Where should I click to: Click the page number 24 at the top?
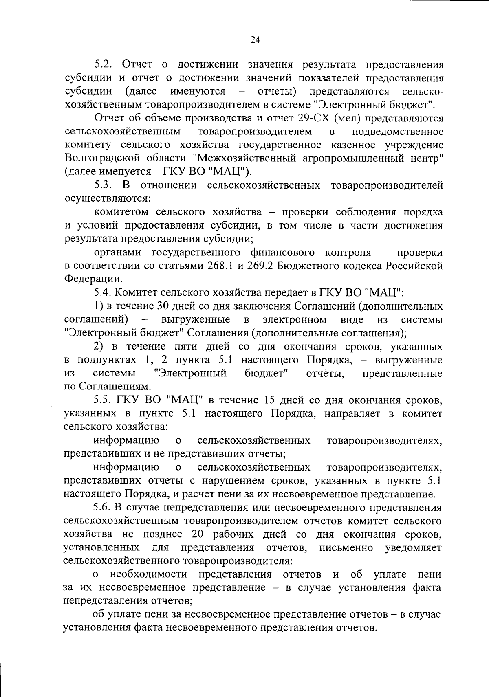tap(255, 40)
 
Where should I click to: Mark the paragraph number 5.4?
tap(103, 292)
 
